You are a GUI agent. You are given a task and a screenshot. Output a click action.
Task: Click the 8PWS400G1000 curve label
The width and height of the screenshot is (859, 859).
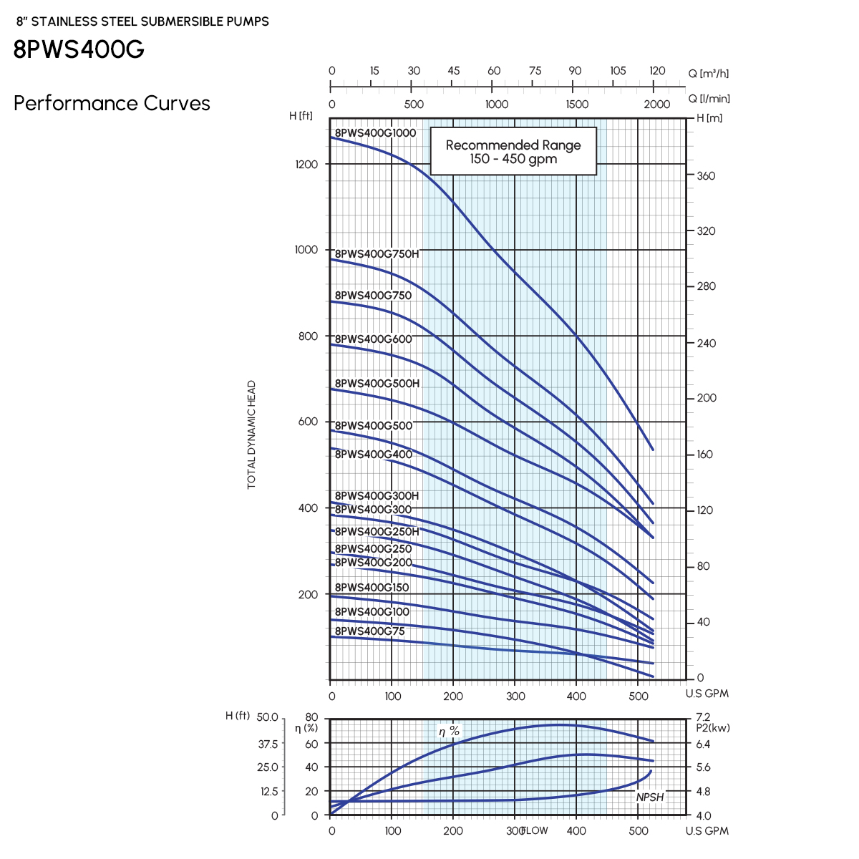click(x=375, y=133)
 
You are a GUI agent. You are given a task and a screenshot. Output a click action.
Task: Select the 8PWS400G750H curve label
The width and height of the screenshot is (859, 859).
click(x=377, y=254)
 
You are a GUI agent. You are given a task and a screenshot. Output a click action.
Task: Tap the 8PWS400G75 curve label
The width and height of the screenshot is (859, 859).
click(x=369, y=631)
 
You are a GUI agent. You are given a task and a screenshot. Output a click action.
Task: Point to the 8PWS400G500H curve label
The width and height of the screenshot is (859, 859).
click(x=377, y=384)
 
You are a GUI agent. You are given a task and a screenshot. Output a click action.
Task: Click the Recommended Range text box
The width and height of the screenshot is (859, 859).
click(x=513, y=152)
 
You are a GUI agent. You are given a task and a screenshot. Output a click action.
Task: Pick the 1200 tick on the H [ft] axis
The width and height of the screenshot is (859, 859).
click(x=306, y=165)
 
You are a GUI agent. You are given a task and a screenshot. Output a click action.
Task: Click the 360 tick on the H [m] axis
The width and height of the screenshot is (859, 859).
click(x=706, y=176)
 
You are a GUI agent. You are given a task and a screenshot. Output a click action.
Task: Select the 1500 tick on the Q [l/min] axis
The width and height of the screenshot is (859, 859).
click(x=577, y=105)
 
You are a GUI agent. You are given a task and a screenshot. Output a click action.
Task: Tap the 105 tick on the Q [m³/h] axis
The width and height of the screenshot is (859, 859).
click(x=618, y=71)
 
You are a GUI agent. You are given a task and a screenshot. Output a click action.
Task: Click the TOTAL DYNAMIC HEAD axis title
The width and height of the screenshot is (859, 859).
click(x=251, y=435)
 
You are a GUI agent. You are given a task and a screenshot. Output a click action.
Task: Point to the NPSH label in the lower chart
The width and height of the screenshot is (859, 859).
click(x=650, y=797)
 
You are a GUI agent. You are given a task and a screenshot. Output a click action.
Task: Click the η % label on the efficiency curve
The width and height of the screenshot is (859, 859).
click(x=449, y=732)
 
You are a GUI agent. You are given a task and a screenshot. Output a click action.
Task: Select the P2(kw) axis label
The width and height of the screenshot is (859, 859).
click(x=713, y=728)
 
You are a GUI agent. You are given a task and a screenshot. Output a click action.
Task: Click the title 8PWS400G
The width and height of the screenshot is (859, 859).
click(x=79, y=49)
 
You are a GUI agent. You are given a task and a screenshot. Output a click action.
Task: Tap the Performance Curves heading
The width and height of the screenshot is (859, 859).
click(x=112, y=104)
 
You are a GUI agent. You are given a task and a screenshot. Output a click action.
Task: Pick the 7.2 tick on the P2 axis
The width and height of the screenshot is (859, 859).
click(x=703, y=717)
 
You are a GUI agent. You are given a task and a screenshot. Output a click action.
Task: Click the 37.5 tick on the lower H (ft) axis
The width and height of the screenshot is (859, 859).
click(x=268, y=744)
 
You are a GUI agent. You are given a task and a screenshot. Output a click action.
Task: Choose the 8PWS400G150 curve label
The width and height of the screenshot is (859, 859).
click(x=372, y=588)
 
